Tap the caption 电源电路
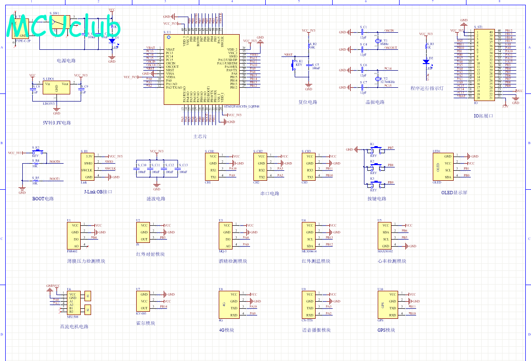click(x=66, y=61)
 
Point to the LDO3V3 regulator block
click(x=56, y=91)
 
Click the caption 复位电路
click(x=307, y=102)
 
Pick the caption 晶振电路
click(x=375, y=102)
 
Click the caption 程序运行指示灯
click(x=427, y=88)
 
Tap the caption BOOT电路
click(x=43, y=198)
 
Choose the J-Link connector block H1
click(x=87, y=166)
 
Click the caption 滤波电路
click(x=156, y=199)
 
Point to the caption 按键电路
click(x=377, y=199)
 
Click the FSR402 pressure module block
click(x=75, y=236)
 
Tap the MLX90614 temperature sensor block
click(x=310, y=236)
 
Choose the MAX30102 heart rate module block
click(x=385, y=236)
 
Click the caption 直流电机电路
click(x=74, y=326)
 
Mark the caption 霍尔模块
click(x=146, y=324)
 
